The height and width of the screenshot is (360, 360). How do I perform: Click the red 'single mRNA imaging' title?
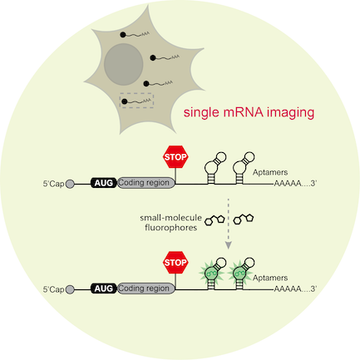pos(249,113)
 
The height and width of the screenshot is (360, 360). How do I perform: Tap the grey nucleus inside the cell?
pos(124,64)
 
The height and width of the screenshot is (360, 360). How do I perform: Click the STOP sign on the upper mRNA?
pos(175,157)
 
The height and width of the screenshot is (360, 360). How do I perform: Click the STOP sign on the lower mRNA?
pos(175,263)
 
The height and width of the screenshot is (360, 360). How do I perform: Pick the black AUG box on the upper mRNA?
pos(104,183)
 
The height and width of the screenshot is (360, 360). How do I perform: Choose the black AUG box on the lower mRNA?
pos(104,288)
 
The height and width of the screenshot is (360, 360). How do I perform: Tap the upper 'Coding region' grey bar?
pos(146,183)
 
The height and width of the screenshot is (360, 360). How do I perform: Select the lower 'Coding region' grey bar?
pos(146,288)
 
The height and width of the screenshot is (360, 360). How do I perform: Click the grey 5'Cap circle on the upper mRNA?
pos(70,184)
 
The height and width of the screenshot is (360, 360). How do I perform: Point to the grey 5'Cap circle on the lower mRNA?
pos(70,289)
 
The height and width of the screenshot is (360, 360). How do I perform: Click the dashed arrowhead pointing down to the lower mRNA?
pos(228,245)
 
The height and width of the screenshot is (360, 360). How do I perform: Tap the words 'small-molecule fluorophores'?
pos(170,223)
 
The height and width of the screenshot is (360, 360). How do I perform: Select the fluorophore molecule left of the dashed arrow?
pos(215,219)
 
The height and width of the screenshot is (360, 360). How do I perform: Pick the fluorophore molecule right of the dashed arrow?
pos(244,219)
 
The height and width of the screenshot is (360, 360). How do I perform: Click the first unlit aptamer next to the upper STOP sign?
pos(214,167)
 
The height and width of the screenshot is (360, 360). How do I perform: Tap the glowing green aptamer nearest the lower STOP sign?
pos(212,273)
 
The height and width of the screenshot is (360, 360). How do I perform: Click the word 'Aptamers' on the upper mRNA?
pos(270,172)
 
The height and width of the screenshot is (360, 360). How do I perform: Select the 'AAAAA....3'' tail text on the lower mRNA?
pos(295,289)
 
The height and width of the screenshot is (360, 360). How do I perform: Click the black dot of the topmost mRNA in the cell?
pos(123,35)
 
